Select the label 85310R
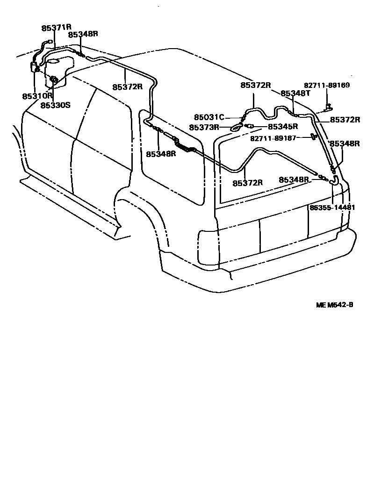(37, 96)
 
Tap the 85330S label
(55, 105)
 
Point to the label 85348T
(295, 93)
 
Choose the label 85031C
(209, 118)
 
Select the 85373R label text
(204, 127)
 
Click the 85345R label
(283, 127)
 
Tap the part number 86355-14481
(332, 208)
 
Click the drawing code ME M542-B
(334, 305)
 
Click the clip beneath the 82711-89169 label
(329, 107)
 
